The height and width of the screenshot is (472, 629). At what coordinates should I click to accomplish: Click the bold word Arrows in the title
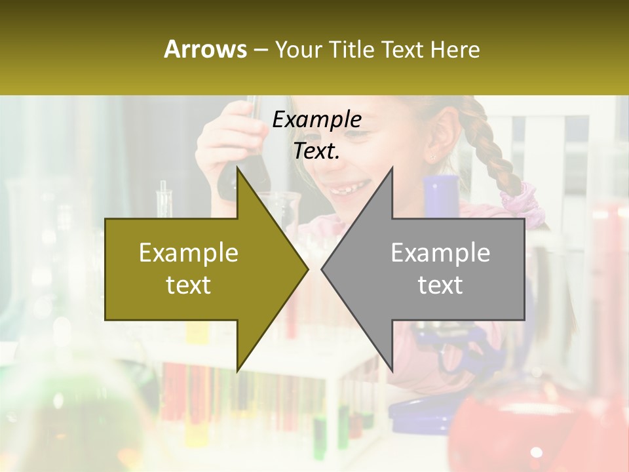[x=205, y=49]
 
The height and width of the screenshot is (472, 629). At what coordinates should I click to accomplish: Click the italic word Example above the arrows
[x=316, y=120]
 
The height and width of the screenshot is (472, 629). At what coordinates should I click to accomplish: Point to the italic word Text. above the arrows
[x=316, y=151]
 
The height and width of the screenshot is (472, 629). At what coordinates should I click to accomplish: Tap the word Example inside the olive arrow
[x=188, y=253]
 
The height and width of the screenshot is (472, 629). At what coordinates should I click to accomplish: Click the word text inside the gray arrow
[x=440, y=285]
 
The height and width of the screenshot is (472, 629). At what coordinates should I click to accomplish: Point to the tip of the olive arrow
[x=306, y=269]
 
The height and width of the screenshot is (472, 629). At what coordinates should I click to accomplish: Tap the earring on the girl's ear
[x=432, y=158]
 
